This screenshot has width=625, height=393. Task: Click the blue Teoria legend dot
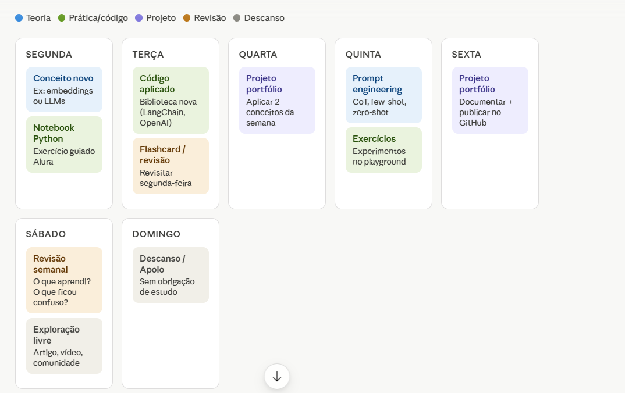tap(19, 18)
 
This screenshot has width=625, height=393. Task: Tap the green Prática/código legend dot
tap(62, 18)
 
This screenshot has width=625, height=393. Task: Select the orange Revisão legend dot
tap(187, 18)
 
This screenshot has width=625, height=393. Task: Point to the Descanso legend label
tap(264, 18)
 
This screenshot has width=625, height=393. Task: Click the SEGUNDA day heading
tap(49, 55)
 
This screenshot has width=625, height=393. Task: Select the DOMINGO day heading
tap(156, 234)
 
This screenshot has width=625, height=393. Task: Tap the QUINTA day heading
tap(363, 55)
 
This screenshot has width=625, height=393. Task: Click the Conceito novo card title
tap(63, 78)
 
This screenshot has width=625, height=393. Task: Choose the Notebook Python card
tap(64, 145)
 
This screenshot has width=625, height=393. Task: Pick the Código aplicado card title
tap(157, 84)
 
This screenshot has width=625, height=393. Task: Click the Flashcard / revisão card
tap(171, 166)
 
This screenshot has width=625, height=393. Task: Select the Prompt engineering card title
tap(377, 84)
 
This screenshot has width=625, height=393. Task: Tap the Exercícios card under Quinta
tap(383, 150)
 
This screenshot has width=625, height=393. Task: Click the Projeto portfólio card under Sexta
tap(490, 101)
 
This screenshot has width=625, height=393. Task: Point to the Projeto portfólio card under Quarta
tap(277, 101)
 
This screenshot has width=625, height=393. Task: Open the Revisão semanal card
tap(64, 280)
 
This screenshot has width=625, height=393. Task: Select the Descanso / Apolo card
tap(171, 275)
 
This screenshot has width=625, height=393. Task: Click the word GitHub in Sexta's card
tap(473, 123)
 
